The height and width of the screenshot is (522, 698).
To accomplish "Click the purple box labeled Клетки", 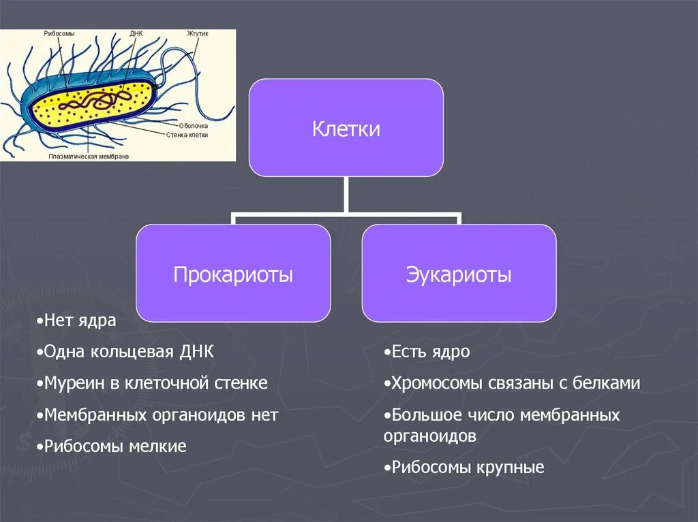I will click(x=346, y=128).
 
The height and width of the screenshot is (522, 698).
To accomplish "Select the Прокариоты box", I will click(x=233, y=274).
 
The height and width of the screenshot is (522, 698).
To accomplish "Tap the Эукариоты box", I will click(x=459, y=274).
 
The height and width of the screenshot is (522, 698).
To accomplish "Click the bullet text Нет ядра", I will click(x=77, y=321).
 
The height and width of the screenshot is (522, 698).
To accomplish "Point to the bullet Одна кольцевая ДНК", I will click(x=126, y=352).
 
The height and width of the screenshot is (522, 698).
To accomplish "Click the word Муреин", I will click(x=75, y=383).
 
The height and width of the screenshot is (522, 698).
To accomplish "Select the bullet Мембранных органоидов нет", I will click(x=158, y=415).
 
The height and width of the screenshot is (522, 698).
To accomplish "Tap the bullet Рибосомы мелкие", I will click(x=112, y=446).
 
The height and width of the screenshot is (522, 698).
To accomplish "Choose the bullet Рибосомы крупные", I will click(x=464, y=468).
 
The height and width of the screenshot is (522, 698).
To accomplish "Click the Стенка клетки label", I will click(x=187, y=135).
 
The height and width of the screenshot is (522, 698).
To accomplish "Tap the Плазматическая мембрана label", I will click(x=89, y=156).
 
